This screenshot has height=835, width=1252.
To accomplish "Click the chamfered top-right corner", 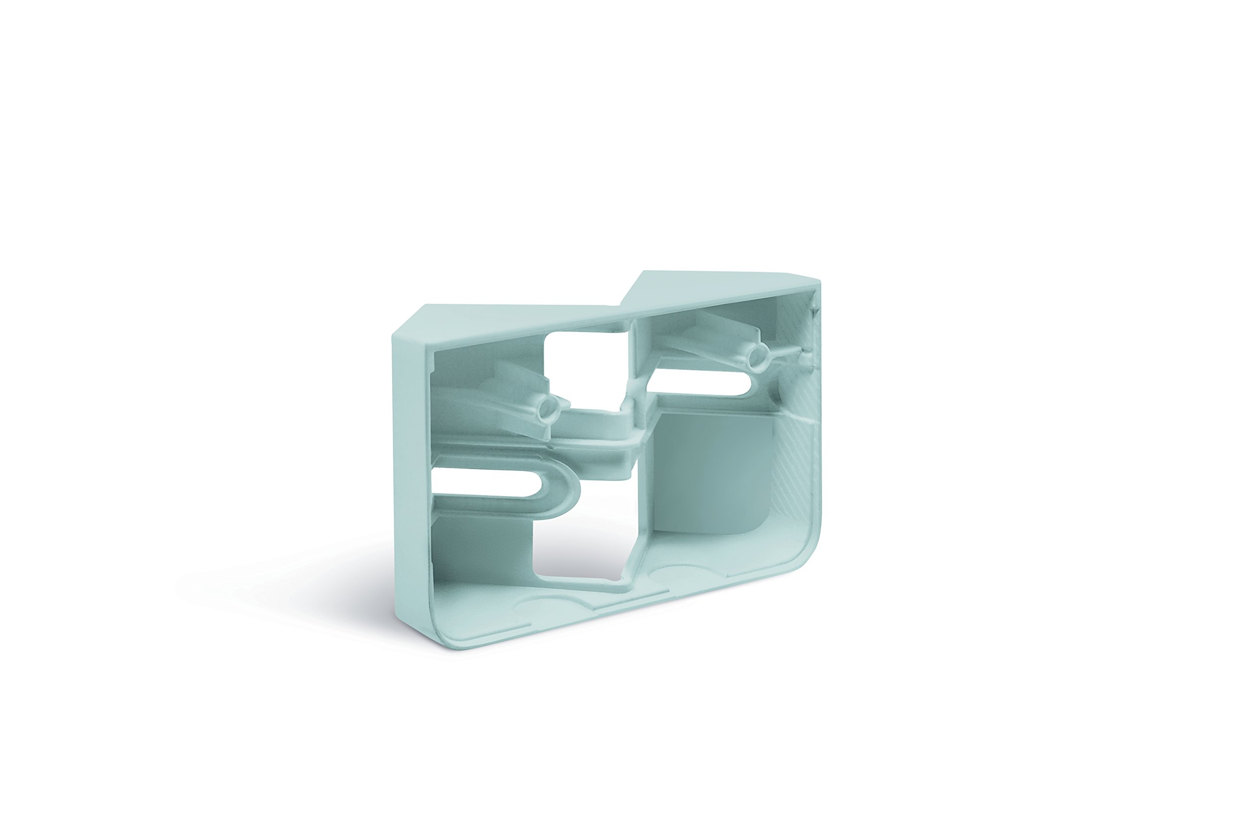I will [x=809, y=277].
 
